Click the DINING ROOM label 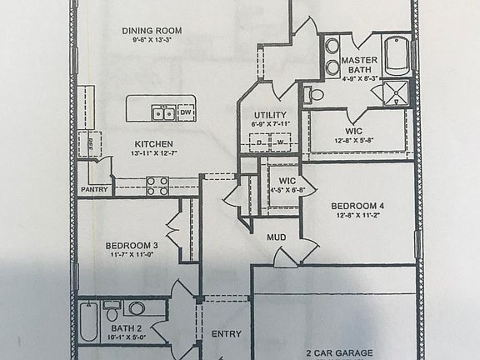[152, 31]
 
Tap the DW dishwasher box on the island [186, 112]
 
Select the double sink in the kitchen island [162, 113]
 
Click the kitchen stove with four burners [157, 185]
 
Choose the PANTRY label [94, 190]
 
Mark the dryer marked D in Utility [259, 142]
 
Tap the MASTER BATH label [360, 65]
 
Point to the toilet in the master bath [314, 94]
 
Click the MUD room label [277, 237]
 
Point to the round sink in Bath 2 [137, 307]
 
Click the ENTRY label [226, 334]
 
